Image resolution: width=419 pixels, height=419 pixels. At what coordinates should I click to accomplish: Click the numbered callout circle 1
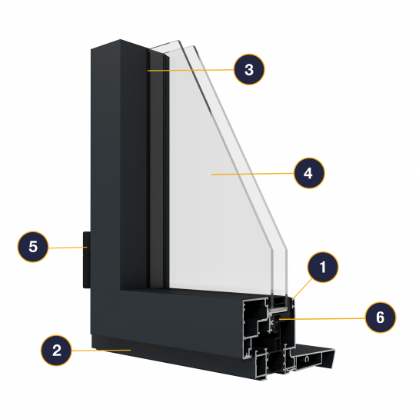click(x=323, y=267)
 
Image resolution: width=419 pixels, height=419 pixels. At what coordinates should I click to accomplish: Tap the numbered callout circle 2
click(x=56, y=351)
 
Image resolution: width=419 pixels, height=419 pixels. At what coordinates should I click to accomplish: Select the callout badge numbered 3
click(x=249, y=69)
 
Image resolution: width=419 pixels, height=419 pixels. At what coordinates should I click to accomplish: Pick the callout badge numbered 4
click(x=309, y=173)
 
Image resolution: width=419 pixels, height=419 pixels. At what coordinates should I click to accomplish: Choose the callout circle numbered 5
click(x=33, y=247)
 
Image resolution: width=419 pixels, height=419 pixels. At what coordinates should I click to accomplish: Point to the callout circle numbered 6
click(x=381, y=318)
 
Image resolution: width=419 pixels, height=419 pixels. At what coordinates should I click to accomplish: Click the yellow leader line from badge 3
click(x=191, y=70)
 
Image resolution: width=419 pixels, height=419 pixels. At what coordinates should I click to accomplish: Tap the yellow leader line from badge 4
click(x=252, y=174)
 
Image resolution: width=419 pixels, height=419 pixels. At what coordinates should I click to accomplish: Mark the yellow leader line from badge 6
click(x=322, y=318)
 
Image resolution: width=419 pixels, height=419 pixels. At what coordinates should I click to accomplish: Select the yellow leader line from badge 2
click(x=101, y=350)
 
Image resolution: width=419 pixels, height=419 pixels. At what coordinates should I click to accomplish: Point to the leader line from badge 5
click(x=68, y=248)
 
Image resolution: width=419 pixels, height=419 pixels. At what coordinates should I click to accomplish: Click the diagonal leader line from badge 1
click(x=302, y=288)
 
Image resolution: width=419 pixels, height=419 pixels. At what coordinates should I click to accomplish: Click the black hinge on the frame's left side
click(x=87, y=260)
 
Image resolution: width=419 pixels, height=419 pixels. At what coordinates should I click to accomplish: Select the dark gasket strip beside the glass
click(x=156, y=168)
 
